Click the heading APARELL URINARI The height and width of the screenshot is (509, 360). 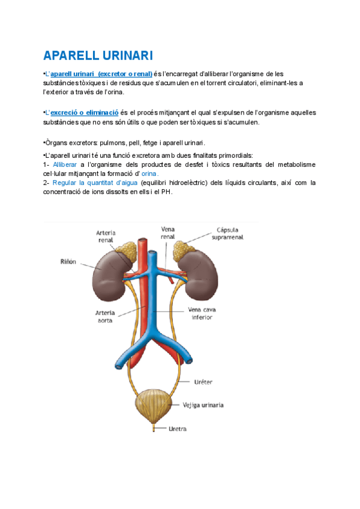click(x=98, y=56)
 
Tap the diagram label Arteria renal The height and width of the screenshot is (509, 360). click(x=106, y=237)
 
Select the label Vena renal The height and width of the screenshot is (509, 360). click(x=167, y=233)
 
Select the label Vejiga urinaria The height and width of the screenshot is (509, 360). click(x=203, y=405)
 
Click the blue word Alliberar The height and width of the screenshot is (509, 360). click(x=64, y=164)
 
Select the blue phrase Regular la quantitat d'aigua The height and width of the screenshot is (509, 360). click(x=95, y=182)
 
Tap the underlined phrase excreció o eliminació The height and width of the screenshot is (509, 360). click(x=84, y=112)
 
